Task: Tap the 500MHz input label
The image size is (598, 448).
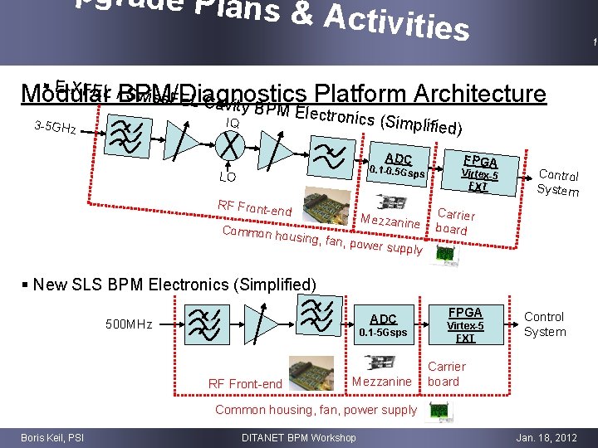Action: click(x=129, y=324)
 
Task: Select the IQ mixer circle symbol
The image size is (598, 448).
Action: click(x=233, y=146)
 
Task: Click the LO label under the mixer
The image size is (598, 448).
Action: click(x=227, y=177)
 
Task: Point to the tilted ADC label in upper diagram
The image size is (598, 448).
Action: click(x=399, y=158)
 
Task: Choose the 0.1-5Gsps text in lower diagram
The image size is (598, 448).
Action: click(x=383, y=333)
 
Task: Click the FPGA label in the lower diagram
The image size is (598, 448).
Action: click(x=465, y=313)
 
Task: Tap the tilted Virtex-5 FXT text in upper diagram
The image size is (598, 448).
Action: click(x=479, y=181)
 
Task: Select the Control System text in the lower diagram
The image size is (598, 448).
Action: click(x=545, y=324)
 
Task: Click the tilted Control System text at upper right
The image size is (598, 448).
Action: click(x=558, y=182)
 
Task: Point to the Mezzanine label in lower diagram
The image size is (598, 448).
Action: click(x=382, y=382)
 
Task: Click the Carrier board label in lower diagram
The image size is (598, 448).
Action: click(x=446, y=374)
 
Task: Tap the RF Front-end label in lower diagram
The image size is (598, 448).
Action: click(x=245, y=383)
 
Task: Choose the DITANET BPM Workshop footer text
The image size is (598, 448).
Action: click(x=298, y=437)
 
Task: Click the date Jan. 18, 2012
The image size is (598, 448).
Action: click(x=547, y=437)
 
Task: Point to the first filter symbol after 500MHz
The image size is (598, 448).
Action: click(x=202, y=324)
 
